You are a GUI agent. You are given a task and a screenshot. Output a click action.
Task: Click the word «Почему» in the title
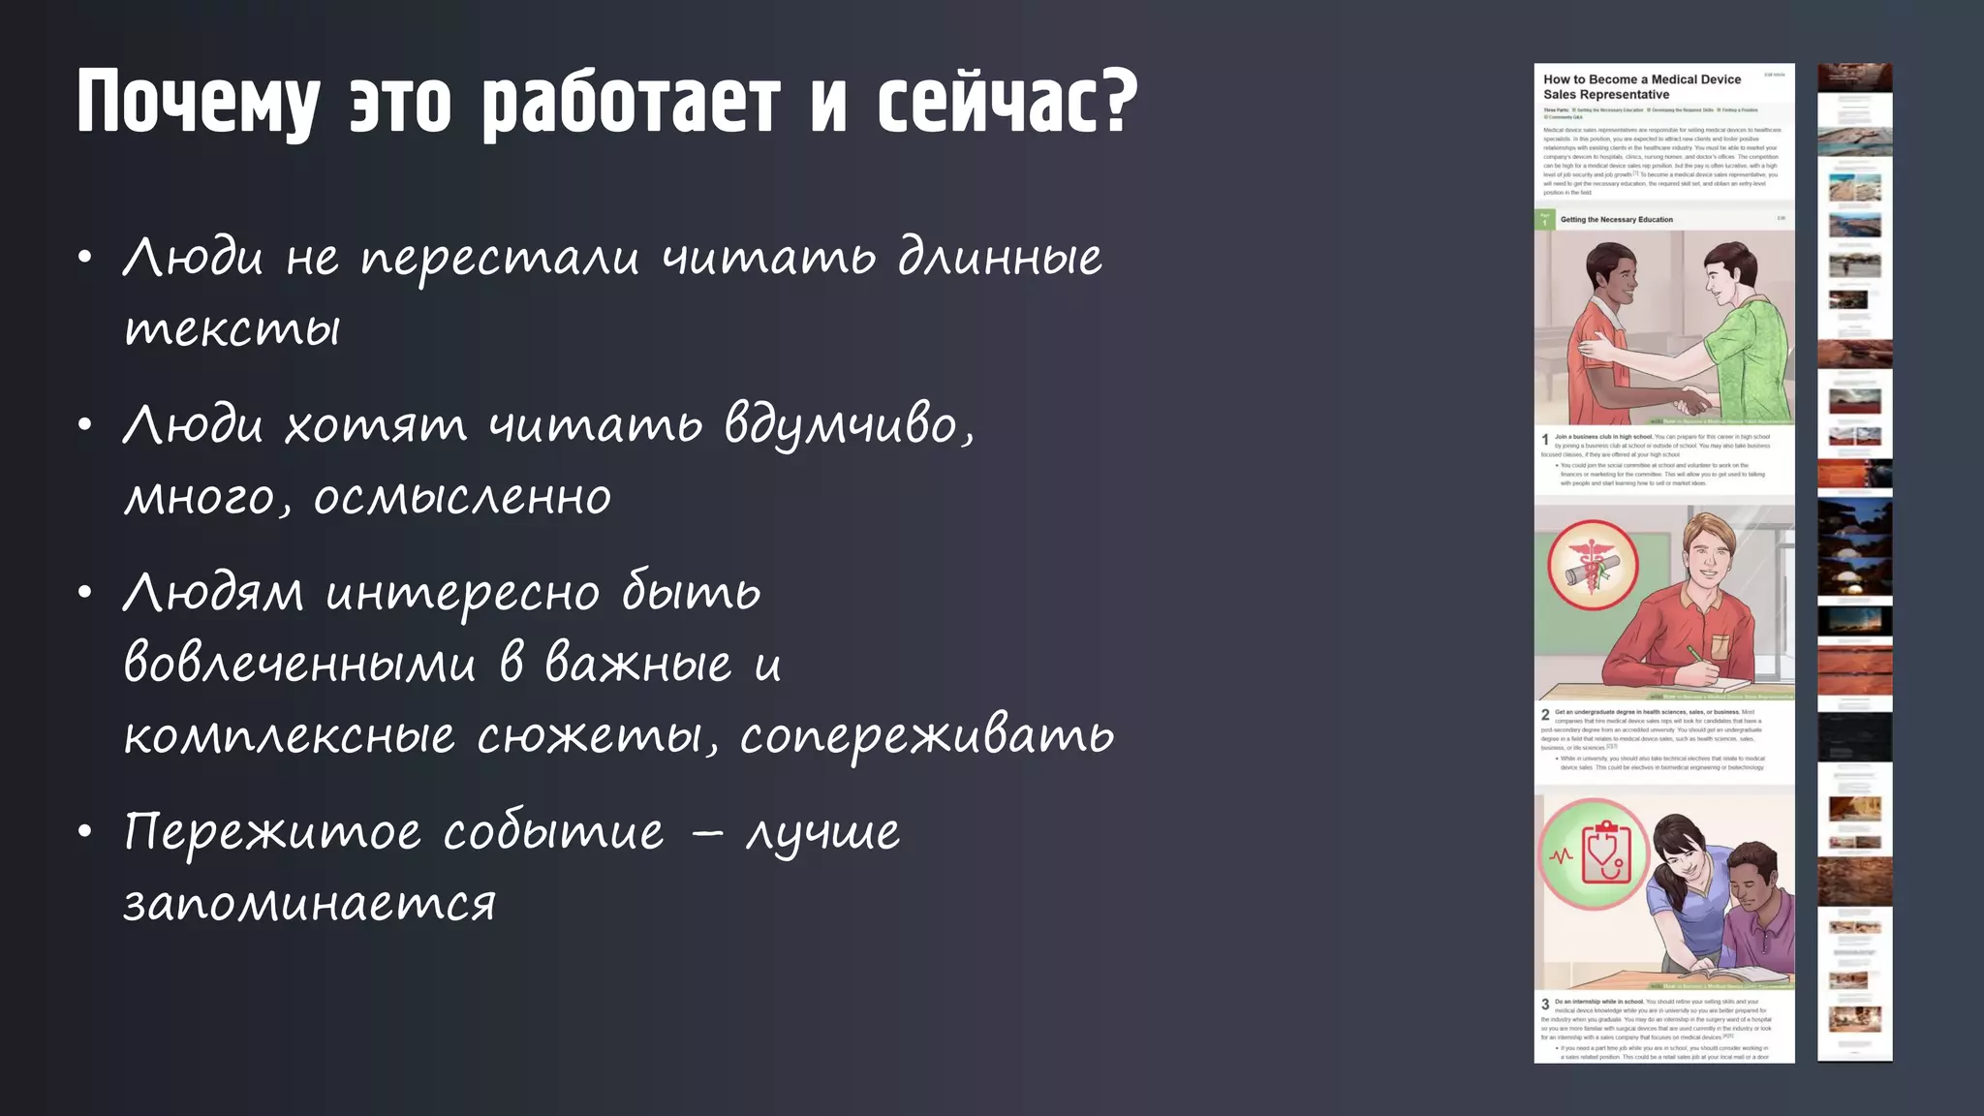click(199, 102)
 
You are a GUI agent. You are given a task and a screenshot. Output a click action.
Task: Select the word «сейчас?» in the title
click(1007, 102)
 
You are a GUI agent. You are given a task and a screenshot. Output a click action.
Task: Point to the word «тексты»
click(232, 329)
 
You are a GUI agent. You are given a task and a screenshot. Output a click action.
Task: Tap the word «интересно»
click(463, 593)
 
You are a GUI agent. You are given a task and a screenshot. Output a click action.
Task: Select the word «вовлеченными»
click(300, 665)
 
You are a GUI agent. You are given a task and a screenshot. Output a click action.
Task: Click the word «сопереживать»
click(927, 736)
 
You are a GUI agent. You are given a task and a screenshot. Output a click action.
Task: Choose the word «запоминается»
click(310, 904)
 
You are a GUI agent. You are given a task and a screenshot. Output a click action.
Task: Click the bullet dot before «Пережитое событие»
click(86, 831)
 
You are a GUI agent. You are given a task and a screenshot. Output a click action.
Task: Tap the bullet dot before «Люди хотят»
click(86, 424)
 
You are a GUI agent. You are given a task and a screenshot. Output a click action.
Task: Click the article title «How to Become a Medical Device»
click(1641, 79)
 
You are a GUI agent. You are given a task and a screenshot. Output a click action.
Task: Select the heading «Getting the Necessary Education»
click(1616, 220)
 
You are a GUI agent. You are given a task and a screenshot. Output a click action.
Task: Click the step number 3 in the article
click(1545, 1005)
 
